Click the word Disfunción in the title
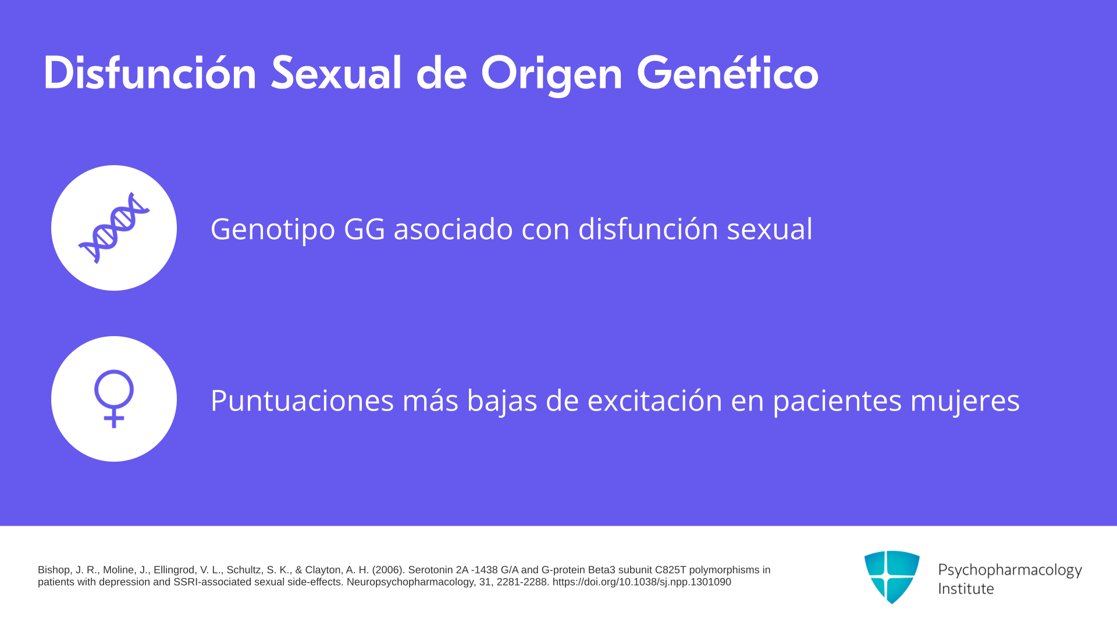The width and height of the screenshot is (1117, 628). click(150, 73)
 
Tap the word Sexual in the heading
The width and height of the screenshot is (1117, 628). click(336, 73)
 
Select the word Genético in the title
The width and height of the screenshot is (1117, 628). click(728, 73)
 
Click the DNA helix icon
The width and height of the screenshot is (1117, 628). click(114, 228)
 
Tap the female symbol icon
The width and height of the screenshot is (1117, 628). click(114, 399)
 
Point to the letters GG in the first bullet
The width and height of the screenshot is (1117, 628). click(365, 229)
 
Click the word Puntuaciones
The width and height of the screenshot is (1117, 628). click(303, 401)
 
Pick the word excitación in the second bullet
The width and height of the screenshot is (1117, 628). click(655, 401)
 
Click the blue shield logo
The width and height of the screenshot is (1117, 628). click(892, 577)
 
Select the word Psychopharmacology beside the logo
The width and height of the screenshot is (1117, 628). click(1010, 570)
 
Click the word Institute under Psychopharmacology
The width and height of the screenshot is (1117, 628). click(966, 588)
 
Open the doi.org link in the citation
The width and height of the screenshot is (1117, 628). click(642, 582)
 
